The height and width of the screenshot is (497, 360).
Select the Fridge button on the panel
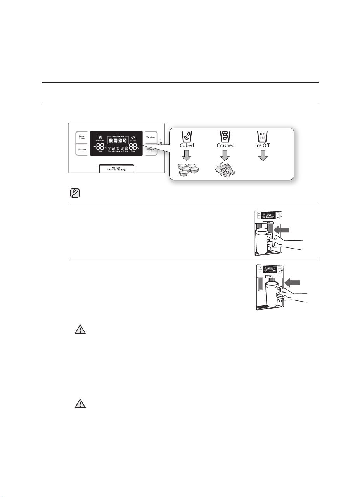tap(151, 149)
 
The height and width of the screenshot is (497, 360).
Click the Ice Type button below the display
tap(116, 168)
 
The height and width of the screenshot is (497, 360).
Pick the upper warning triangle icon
tap(80, 330)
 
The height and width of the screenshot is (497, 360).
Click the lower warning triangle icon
tap(80, 404)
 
